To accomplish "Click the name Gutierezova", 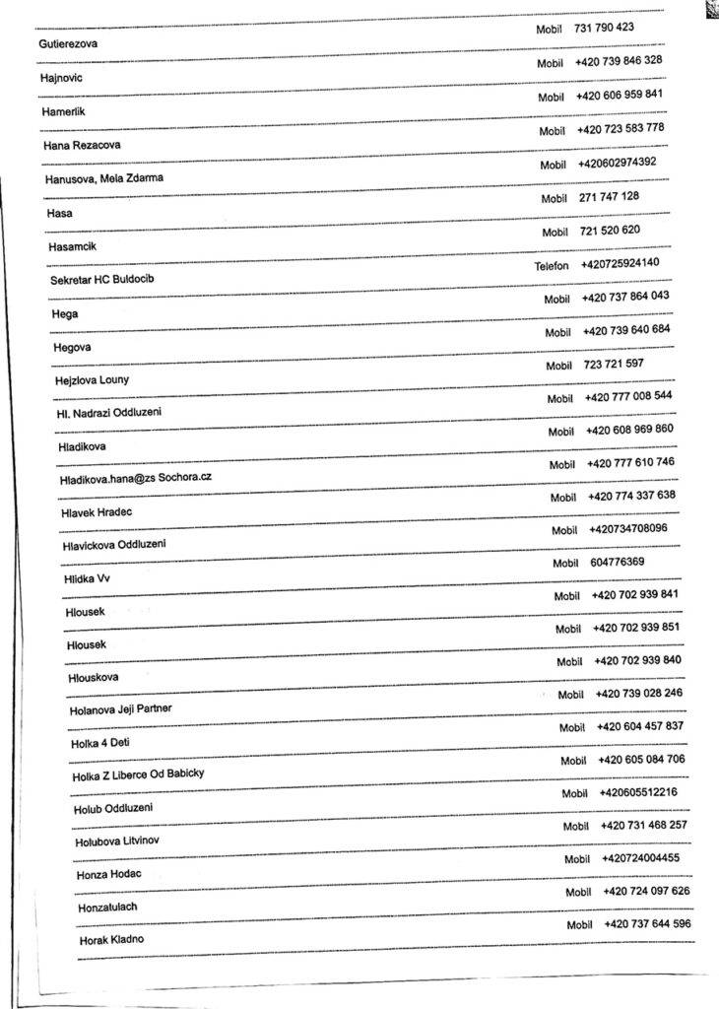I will tap(68, 43).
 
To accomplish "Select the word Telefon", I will tap(553, 266).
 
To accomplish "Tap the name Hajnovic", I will tap(62, 77).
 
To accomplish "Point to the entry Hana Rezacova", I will tap(82, 145).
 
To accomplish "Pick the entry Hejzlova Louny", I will tap(92, 380).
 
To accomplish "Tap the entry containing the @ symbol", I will tap(135, 478).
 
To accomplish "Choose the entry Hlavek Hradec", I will tap(97, 512).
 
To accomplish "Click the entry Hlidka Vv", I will tap(87, 578).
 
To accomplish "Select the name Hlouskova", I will tap(94, 678).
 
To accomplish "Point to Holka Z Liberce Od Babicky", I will tap(138, 775).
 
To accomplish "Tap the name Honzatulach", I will tap(107, 907).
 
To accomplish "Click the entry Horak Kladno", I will tap(111, 940).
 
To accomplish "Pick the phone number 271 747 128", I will tap(609, 197).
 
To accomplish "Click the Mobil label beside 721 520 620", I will tap(556, 233).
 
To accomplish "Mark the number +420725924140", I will tap(621, 263).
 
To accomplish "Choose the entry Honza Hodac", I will tap(109, 875).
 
